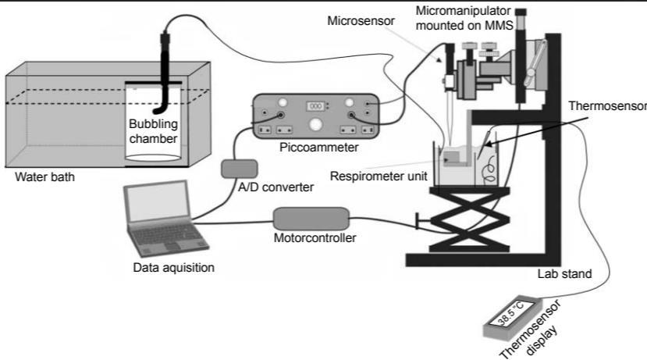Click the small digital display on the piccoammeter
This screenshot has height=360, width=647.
(x=316, y=105)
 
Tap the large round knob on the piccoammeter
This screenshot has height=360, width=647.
(x=315, y=124)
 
